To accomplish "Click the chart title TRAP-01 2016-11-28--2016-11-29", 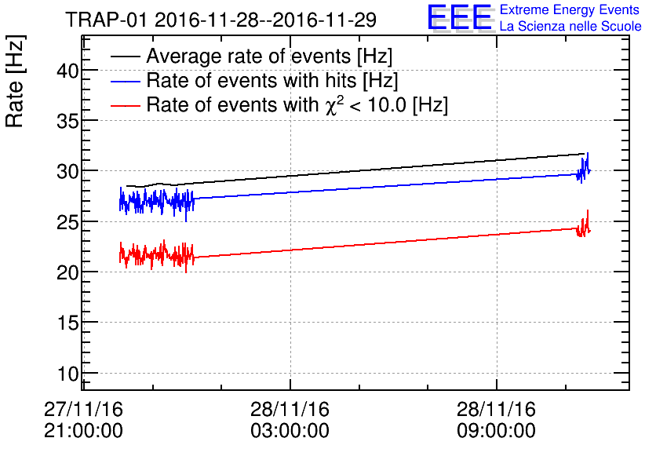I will (x=220, y=19).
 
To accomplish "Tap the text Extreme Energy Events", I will (x=570, y=10).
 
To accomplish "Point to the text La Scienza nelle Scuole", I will (x=570, y=27).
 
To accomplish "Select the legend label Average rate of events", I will (x=269, y=57).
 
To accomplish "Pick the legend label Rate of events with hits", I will (x=272, y=81).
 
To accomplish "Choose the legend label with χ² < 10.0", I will (x=297, y=105).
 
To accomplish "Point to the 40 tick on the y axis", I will (x=68, y=70).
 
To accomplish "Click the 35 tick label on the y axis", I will (x=68, y=120).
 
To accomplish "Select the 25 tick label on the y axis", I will (x=68, y=221).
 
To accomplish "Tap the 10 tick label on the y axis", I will (x=68, y=373).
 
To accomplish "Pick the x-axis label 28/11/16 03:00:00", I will (x=290, y=420).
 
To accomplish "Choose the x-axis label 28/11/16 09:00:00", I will (x=497, y=420).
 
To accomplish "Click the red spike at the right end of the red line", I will (x=587, y=214).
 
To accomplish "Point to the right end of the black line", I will (x=584, y=154).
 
